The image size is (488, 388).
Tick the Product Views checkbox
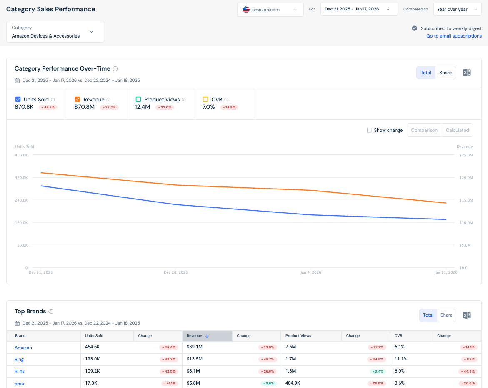[x=138, y=99]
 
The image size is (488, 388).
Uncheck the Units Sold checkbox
[x=18, y=99]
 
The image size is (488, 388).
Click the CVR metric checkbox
[x=205, y=99]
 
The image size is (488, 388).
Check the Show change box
[x=369, y=130]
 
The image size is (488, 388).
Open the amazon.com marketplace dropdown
[x=270, y=10]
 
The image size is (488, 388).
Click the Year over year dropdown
[x=457, y=9]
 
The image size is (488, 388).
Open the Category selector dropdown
[x=55, y=32]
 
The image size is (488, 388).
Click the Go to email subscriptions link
[x=454, y=36]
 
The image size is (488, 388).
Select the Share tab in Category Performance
[x=445, y=73]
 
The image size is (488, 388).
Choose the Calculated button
[x=457, y=130]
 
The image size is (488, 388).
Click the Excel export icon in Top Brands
[x=467, y=315]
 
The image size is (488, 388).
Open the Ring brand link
[x=19, y=359]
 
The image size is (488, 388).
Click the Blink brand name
[x=19, y=371]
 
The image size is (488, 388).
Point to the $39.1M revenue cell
[x=195, y=347]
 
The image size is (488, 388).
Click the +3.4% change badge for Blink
[x=378, y=371]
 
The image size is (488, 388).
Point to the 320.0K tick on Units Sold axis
[x=21, y=178]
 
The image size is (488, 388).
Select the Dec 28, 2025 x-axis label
[x=176, y=272]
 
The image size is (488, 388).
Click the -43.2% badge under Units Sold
[x=48, y=108]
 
